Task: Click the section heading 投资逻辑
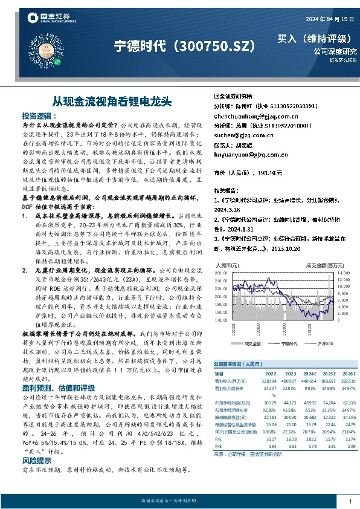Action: coord(37,114)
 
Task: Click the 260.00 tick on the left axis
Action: coord(222,274)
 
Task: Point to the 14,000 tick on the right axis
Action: coord(343,274)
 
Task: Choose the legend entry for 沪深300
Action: coord(325,343)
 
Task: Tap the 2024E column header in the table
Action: coord(309,374)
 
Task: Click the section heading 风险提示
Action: coord(37,460)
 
